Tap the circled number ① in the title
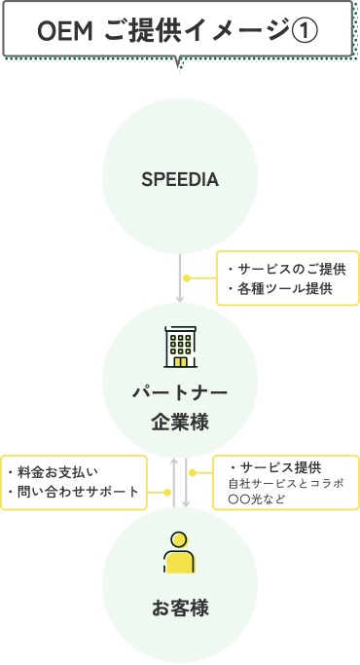[x=305, y=31]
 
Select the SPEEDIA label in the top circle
[x=180, y=180]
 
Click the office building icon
[x=180, y=348]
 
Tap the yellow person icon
[x=180, y=554]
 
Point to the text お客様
[x=180, y=610]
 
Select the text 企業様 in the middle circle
[x=180, y=423]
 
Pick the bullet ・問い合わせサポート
[x=72, y=493]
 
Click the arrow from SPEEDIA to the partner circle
[x=180, y=277]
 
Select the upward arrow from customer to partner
[x=174, y=482]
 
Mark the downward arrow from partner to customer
[x=186, y=482]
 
